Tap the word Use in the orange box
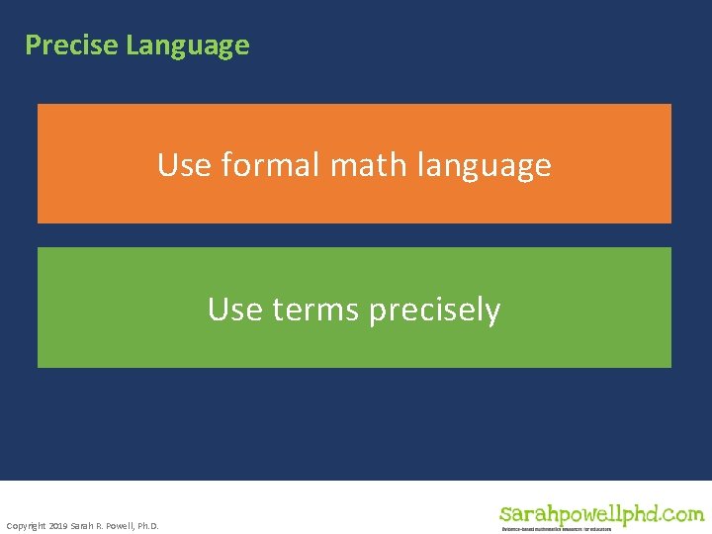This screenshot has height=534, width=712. [184, 164]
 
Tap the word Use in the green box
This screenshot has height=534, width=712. [234, 310]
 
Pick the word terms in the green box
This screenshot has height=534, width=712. [315, 310]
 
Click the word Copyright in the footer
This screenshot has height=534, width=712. [26, 525]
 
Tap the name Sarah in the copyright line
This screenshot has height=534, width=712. [83, 525]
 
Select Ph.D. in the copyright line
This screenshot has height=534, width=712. [148, 525]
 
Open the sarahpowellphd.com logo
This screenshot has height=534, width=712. [601, 515]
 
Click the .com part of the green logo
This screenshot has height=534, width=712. [680, 514]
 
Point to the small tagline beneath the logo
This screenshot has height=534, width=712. [556, 530]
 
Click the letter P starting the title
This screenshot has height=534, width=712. [32, 45]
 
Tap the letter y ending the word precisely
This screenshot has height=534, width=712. [493, 312]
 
